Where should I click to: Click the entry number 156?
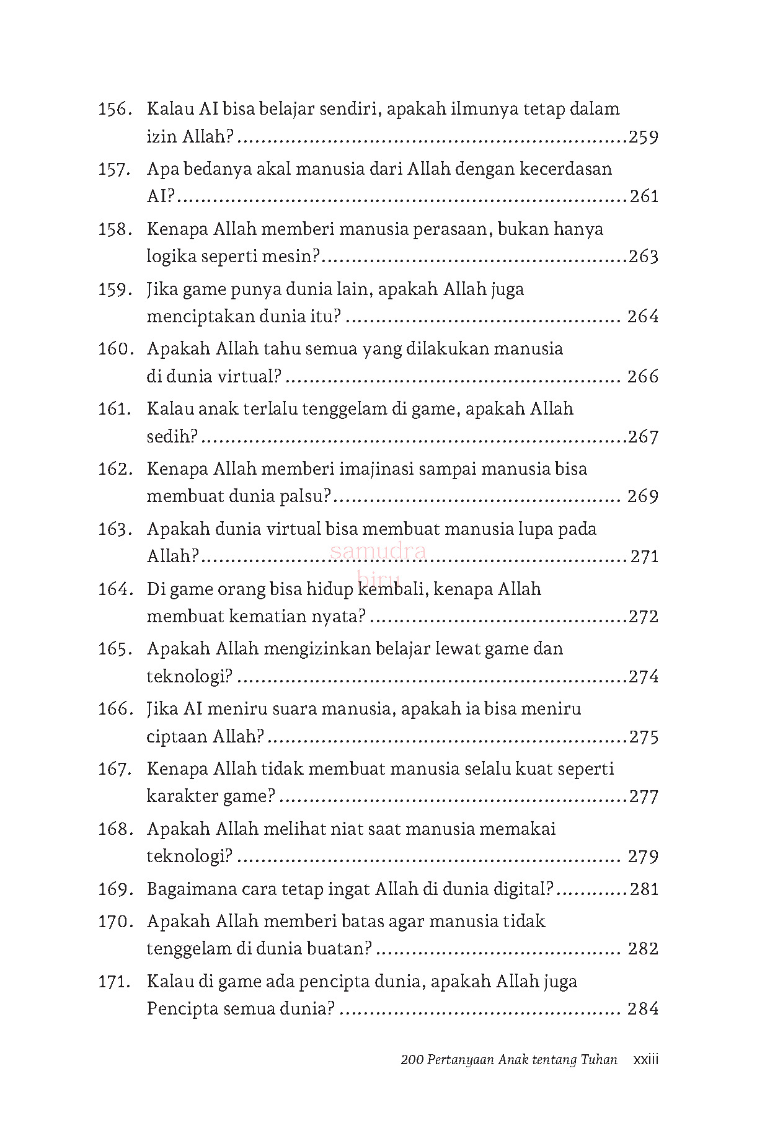pyautogui.click(x=114, y=110)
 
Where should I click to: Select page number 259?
pyautogui.click(x=643, y=137)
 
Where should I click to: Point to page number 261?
pyautogui.click(x=644, y=196)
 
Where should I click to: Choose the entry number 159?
pyautogui.click(x=114, y=290)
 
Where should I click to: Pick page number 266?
pyautogui.click(x=643, y=377)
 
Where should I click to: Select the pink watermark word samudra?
pyautogui.click(x=378, y=550)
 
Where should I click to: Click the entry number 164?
pyautogui.click(x=114, y=589)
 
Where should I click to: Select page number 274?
pyautogui.click(x=643, y=677)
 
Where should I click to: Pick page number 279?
pyautogui.click(x=643, y=857)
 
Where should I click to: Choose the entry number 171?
pyautogui.click(x=114, y=982)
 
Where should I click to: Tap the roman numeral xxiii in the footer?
pyautogui.click(x=645, y=1060)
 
